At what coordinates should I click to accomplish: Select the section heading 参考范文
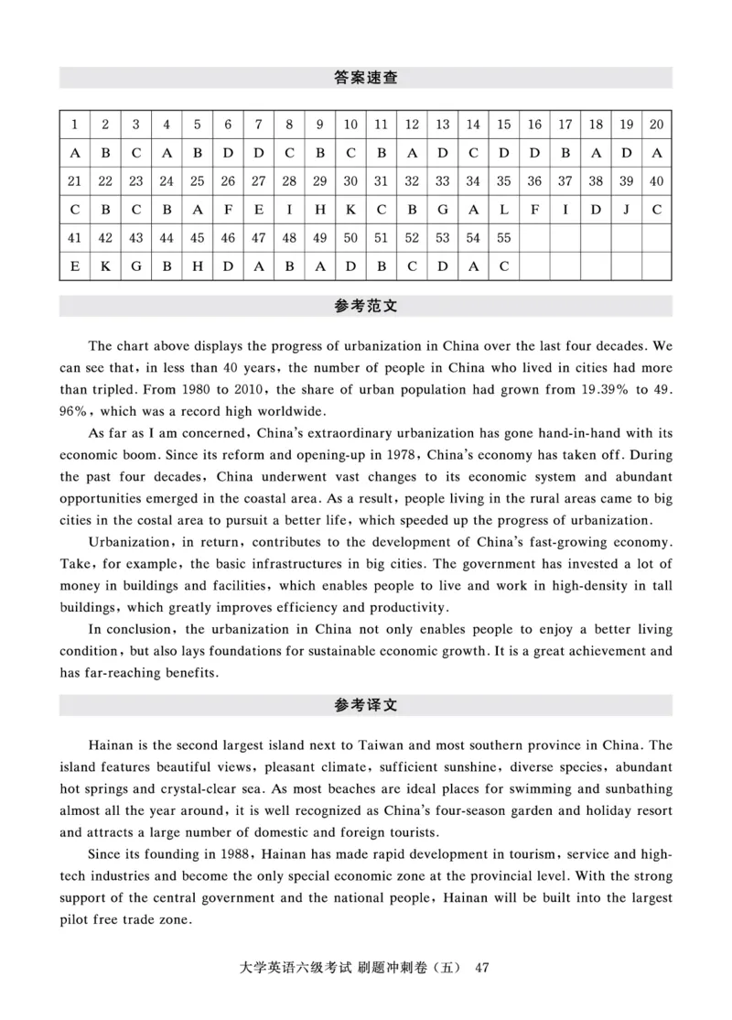pos(366,307)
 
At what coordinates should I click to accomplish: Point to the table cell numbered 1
pos(74,125)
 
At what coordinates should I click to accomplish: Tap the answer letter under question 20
pos(657,153)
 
